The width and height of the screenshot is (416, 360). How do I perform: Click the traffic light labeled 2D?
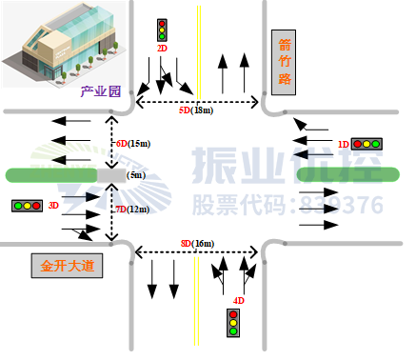click(x=162, y=30)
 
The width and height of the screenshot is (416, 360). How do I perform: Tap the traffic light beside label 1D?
click(x=366, y=144)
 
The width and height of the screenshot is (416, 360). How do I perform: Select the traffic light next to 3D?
click(x=27, y=205)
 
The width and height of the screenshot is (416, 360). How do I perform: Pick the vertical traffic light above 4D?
click(x=233, y=323)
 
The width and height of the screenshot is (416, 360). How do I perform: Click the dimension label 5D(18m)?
click(x=196, y=110)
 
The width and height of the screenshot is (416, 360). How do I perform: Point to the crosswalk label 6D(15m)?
click(x=133, y=143)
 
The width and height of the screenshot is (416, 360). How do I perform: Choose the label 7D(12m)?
click(x=132, y=209)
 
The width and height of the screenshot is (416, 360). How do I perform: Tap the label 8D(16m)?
click(x=197, y=244)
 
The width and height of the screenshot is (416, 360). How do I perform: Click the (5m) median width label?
click(x=136, y=175)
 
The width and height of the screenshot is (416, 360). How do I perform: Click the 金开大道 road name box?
click(x=67, y=266)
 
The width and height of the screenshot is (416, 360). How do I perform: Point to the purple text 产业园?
click(x=101, y=92)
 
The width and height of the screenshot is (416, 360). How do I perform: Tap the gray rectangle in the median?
click(x=111, y=175)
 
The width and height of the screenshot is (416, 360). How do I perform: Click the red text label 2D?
click(x=162, y=48)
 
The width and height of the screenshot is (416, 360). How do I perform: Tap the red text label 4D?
click(x=239, y=301)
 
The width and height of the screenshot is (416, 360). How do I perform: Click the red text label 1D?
click(x=344, y=144)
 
